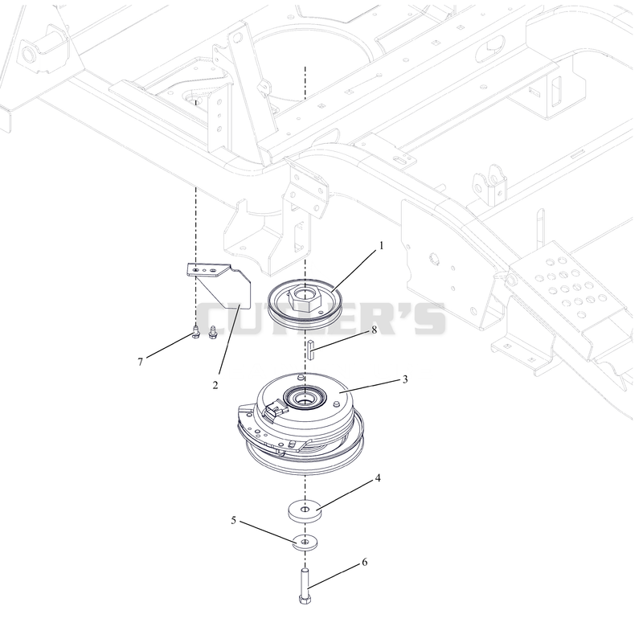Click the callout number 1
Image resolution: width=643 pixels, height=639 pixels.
pos(381,246)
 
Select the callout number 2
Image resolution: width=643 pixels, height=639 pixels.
pos(215,385)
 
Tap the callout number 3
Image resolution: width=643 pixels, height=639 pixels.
pos(405,379)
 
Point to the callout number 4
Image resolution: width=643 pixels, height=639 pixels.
pos(378,478)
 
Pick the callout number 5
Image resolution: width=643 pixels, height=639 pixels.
pos(233,521)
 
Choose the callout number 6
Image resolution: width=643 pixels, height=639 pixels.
pos(365,563)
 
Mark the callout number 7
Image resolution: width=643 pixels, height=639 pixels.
pos(140,362)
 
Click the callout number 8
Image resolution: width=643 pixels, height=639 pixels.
pos(374,330)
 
